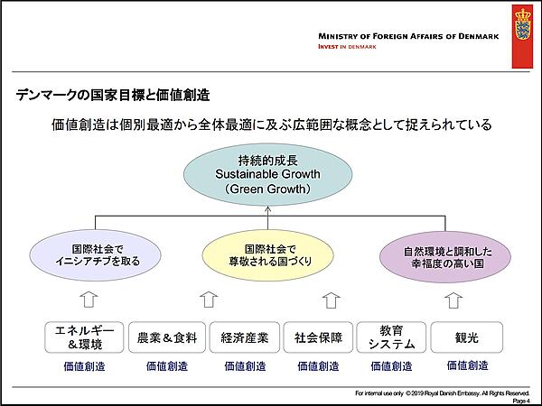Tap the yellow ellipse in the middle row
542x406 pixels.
pyautogui.click(x=268, y=254)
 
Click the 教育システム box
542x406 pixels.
pyautogui.click(x=391, y=337)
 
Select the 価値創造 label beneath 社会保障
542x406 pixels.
pyautogui.click(x=318, y=367)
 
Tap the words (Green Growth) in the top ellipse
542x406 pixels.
pyautogui.click(x=268, y=189)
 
